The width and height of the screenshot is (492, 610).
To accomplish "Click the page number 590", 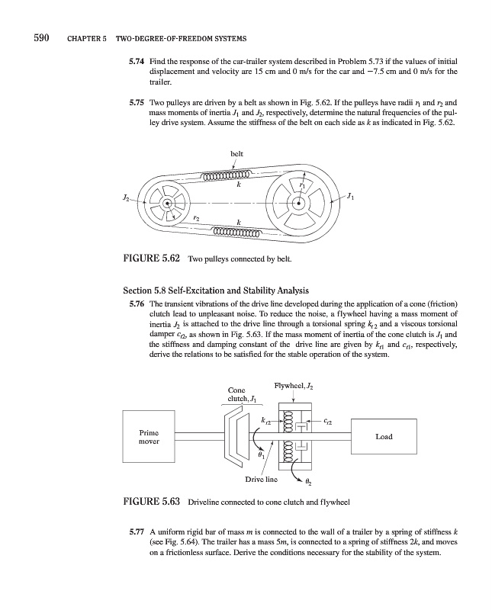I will pos(40,39).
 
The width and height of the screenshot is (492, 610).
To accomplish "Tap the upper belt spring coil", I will pos(233,178).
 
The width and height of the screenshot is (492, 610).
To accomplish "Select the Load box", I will pos(384,436).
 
